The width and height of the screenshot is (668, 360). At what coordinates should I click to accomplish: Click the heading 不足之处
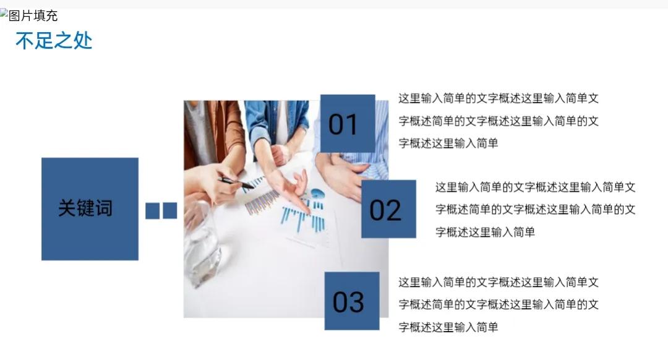pyautogui.click(x=54, y=41)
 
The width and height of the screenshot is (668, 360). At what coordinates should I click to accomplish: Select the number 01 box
pyautogui.click(x=348, y=124)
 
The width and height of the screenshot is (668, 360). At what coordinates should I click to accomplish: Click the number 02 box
pyautogui.click(x=388, y=208)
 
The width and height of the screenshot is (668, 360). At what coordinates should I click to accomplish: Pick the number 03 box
pyautogui.click(x=352, y=301)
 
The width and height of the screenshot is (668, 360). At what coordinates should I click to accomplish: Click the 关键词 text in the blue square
pyautogui.click(x=85, y=208)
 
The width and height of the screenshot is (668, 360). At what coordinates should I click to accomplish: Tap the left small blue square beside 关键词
pyautogui.click(x=153, y=210)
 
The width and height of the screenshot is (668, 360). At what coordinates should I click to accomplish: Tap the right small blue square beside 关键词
pyautogui.click(x=170, y=210)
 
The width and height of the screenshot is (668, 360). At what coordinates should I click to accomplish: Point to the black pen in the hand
pyautogui.click(x=236, y=183)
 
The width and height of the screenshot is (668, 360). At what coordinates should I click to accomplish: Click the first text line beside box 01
pyautogui.click(x=499, y=98)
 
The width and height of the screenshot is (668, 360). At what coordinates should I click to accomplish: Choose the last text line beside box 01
pyautogui.click(x=448, y=143)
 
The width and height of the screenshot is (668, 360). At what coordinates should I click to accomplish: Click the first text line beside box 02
pyautogui.click(x=535, y=187)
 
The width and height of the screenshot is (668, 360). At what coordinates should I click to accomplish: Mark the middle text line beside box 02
pyautogui.click(x=535, y=210)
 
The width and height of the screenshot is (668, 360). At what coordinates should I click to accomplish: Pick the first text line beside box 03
pyautogui.click(x=499, y=282)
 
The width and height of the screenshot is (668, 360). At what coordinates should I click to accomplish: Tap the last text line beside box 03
pyautogui.click(x=448, y=327)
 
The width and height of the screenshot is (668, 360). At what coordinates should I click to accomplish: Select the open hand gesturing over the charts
pyautogui.click(x=289, y=187)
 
